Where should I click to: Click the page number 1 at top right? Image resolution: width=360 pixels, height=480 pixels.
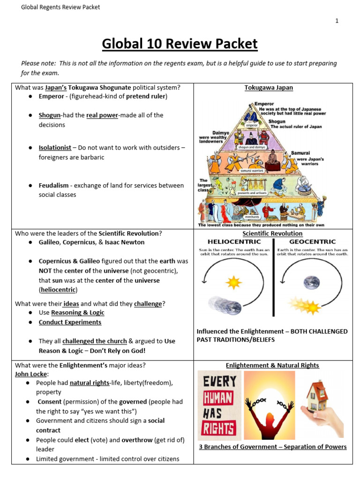tap(337, 21)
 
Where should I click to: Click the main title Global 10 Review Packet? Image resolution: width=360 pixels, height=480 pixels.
tap(180, 44)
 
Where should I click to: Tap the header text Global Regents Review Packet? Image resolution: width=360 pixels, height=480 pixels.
tap(60, 7)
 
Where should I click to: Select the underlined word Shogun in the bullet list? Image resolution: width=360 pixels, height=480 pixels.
tap(49, 115)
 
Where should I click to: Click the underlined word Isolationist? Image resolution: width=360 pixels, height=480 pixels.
tap(55, 148)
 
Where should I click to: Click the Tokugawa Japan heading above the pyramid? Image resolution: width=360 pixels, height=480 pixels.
tap(269, 87)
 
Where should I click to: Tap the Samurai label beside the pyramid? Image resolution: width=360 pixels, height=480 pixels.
tap(300, 153)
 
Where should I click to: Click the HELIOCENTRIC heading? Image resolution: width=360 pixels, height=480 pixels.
tap(233, 241)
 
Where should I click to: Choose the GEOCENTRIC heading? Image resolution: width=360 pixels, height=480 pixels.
tap(312, 241)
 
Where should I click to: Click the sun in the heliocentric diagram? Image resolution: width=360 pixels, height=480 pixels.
tap(233, 283)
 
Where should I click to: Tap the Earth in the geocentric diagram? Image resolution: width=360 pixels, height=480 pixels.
tap(311, 282)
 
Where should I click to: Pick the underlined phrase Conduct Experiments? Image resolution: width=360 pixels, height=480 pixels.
tap(70, 322)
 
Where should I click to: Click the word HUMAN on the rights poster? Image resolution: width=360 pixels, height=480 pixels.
tap(218, 398)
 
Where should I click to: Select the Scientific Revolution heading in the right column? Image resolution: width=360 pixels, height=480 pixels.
tap(272, 233)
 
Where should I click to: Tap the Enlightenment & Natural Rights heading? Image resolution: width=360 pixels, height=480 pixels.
tap(272, 365)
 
